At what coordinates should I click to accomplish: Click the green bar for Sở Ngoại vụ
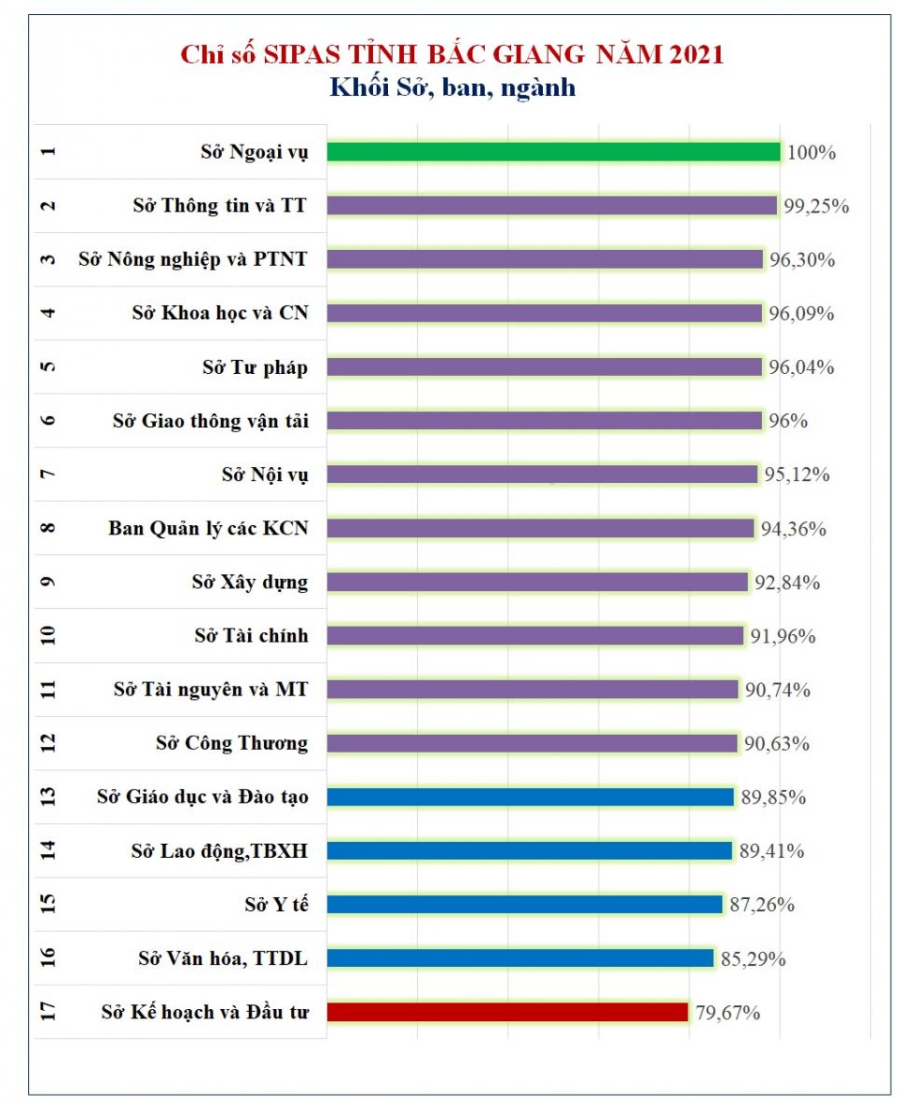click(553, 151)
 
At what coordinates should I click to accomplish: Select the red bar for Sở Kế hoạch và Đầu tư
click(507, 1012)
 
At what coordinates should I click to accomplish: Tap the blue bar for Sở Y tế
click(524, 905)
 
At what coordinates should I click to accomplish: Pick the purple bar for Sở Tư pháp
click(545, 366)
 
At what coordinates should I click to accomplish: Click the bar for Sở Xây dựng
click(537, 582)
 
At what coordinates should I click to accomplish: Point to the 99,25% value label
click(816, 206)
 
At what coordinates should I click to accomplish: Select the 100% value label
click(811, 152)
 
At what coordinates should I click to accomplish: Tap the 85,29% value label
click(753, 959)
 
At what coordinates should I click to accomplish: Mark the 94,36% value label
click(793, 529)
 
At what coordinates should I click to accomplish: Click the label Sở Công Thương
click(231, 743)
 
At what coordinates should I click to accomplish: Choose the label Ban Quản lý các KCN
click(208, 529)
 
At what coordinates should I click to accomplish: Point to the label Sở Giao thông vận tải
click(210, 421)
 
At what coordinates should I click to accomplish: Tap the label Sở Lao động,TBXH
click(220, 850)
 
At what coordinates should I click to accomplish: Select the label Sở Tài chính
click(251, 636)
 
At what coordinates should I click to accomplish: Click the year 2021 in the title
click(696, 54)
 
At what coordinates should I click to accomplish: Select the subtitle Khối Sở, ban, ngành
click(451, 87)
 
